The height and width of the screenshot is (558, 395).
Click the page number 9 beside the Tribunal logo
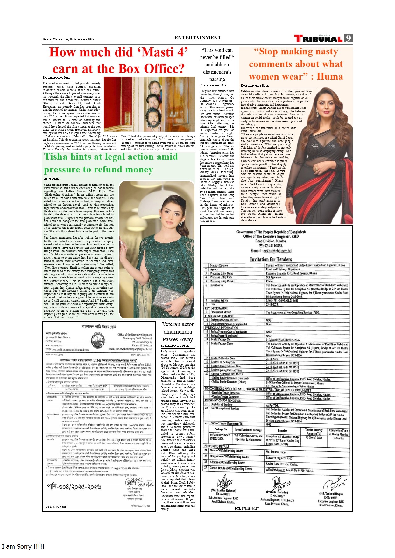pos(349,38)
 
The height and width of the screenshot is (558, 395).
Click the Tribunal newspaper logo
pos(318,39)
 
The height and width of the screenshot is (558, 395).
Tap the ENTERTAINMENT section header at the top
pos(197,38)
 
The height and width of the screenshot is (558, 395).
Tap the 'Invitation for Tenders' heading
pos(271,259)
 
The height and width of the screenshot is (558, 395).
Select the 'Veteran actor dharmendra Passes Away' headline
pos(178,332)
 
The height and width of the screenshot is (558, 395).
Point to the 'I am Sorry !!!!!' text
pos(23,547)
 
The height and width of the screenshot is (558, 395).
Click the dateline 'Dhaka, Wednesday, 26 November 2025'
pos(68,39)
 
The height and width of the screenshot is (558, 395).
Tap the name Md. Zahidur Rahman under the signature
pos(223,490)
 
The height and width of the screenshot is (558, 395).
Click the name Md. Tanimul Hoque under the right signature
pos(331,494)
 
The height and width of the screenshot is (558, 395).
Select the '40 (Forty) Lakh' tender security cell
pos(314,438)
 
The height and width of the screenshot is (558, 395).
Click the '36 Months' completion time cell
pos(338,438)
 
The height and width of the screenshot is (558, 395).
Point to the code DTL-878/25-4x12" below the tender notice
pos(247,508)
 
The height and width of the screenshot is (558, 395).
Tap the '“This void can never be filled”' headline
pos(217,65)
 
